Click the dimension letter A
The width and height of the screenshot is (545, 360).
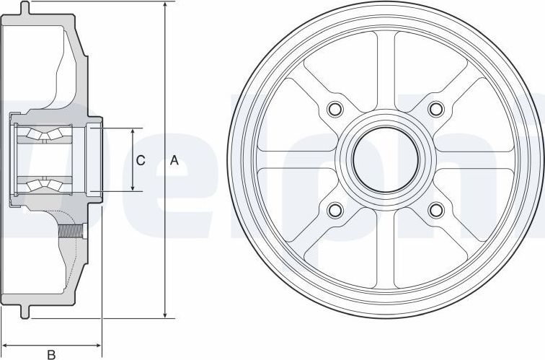(x=174, y=161)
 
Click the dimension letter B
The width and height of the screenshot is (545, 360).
(x=51, y=354)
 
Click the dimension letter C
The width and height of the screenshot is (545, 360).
(x=141, y=161)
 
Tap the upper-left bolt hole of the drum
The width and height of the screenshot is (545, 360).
(x=334, y=110)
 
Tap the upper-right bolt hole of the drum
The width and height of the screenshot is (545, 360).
(x=435, y=110)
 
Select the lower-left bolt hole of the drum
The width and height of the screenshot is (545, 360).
(x=334, y=210)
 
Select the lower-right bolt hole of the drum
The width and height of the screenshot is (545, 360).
(x=435, y=210)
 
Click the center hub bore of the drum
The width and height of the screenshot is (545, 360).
(x=384, y=159)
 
